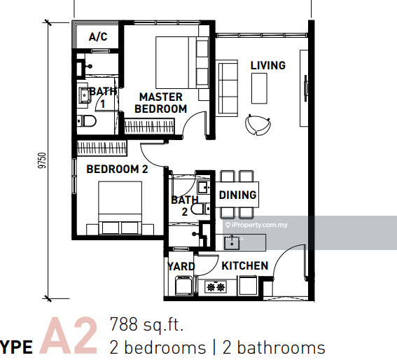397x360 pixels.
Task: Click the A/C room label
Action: (x=98, y=36)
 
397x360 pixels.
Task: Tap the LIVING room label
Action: (x=268, y=65)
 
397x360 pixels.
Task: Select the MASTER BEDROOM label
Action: (x=161, y=103)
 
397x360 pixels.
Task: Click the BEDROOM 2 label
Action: (x=117, y=169)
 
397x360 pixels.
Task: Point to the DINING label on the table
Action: (x=237, y=195)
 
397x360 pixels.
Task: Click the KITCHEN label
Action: (x=245, y=265)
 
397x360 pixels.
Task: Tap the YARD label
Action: (x=181, y=266)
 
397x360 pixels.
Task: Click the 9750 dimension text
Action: (x=42, y=160)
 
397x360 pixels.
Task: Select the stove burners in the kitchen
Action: (x=216, y=287)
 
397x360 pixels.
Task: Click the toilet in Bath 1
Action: (x=86, y=121)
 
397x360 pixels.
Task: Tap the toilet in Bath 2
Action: (x=200, y=209)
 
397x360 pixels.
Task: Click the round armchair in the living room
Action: (x=258, y=125)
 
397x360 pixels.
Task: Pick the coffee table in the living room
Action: (x=259, y=88)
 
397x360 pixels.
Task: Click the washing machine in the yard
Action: (x=184, y=286)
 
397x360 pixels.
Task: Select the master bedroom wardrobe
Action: (x=149, y=126)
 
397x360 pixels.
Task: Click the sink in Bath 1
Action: (x=84, y=95)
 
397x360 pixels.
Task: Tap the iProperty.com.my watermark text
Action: (x=256, y=225)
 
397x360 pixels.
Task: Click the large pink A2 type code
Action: (x=69, y=335)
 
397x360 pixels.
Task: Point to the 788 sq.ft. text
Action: (x=146, y=324)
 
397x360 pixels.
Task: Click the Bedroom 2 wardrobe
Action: (x=102, y=148)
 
